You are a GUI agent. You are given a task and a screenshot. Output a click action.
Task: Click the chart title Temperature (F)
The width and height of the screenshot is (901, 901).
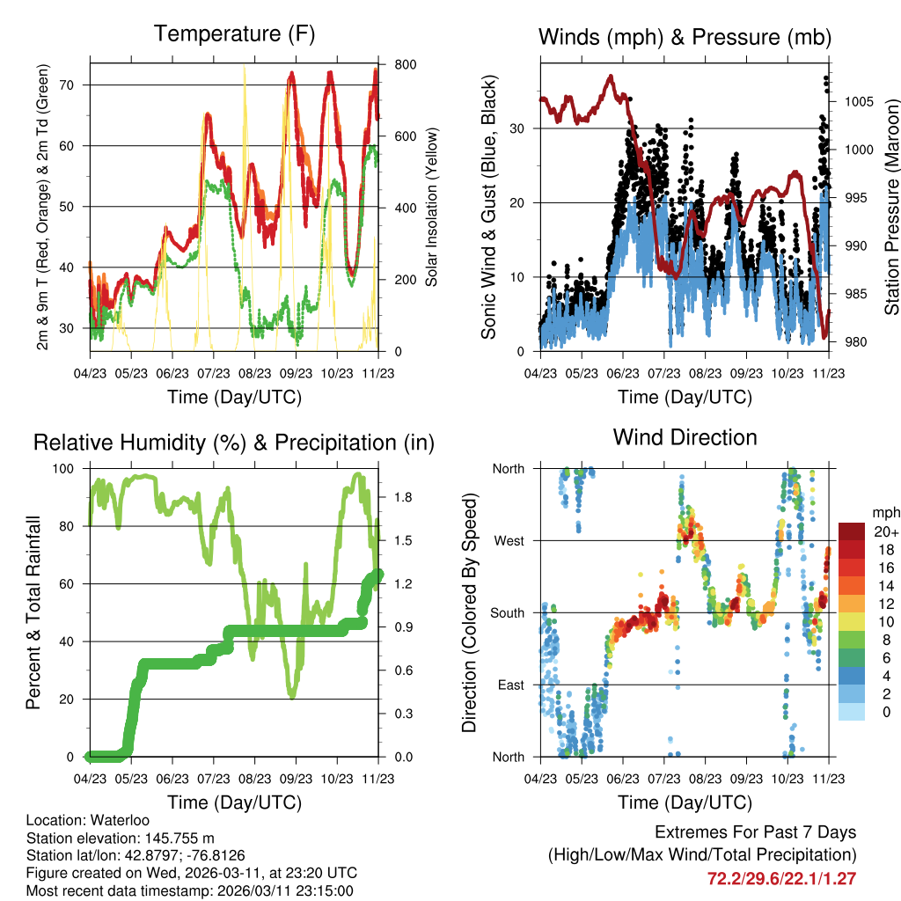(x=234, y=34)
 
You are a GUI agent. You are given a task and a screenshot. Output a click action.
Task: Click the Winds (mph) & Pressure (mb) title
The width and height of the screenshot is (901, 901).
(x=685, y=37)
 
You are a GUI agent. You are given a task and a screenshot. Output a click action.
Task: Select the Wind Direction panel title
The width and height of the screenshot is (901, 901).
(x=685, y=437)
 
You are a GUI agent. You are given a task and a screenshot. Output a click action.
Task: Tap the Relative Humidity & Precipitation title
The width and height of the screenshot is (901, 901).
(x=234, y=443)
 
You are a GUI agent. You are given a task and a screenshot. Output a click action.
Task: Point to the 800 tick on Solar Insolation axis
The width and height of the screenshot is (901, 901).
(x=406, y=65)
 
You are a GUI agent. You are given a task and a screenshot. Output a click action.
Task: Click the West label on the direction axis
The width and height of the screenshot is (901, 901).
(x=508, y=541)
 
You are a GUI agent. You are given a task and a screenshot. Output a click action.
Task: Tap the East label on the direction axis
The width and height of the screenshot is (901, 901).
(x=509, y=685)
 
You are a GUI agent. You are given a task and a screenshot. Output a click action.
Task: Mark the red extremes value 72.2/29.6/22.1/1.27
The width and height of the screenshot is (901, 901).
(x=781, y=878)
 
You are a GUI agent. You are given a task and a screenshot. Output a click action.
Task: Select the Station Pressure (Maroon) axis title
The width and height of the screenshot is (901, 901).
(x=891, y=207)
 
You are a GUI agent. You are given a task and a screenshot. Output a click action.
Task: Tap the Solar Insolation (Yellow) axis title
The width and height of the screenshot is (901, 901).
(x=432, y=207)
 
